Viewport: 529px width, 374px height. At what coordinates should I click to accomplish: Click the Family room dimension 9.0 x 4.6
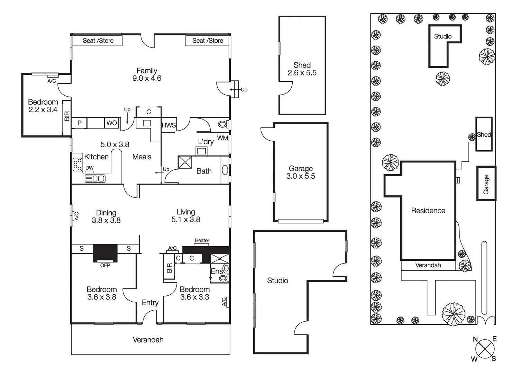click(147, 79)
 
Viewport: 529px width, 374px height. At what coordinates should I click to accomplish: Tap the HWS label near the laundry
click(169, 125)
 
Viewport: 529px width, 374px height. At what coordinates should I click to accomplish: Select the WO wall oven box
click(111, 123)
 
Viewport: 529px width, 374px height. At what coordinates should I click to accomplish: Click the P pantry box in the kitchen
click(80, 123)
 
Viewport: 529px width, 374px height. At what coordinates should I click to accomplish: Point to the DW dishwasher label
click(90, 168)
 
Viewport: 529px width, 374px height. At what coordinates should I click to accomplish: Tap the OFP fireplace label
click(105, 266)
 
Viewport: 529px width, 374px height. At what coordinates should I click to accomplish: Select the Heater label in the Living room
click(202, 240)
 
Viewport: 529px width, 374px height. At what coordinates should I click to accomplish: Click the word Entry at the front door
click(150, 303)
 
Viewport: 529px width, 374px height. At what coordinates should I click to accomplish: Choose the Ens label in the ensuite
click(217, 271)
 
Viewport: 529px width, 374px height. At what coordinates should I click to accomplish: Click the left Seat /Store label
click(98, 41)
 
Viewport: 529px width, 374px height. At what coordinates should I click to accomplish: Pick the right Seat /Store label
click(208, 41)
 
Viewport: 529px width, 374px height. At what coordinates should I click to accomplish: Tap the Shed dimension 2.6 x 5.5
click(302, 73)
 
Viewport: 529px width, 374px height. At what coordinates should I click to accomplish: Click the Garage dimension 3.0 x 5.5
click(301, 176)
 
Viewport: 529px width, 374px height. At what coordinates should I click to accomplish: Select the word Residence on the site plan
click(428, 211)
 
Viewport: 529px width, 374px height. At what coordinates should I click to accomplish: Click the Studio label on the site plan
click(443, 36)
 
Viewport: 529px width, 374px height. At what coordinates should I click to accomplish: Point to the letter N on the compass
click(475, 339)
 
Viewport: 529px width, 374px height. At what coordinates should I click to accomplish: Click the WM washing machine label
click(222, 138)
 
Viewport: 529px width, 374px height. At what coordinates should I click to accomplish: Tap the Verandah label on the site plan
click(428, 265)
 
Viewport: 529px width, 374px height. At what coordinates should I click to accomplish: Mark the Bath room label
click(204, 171)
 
